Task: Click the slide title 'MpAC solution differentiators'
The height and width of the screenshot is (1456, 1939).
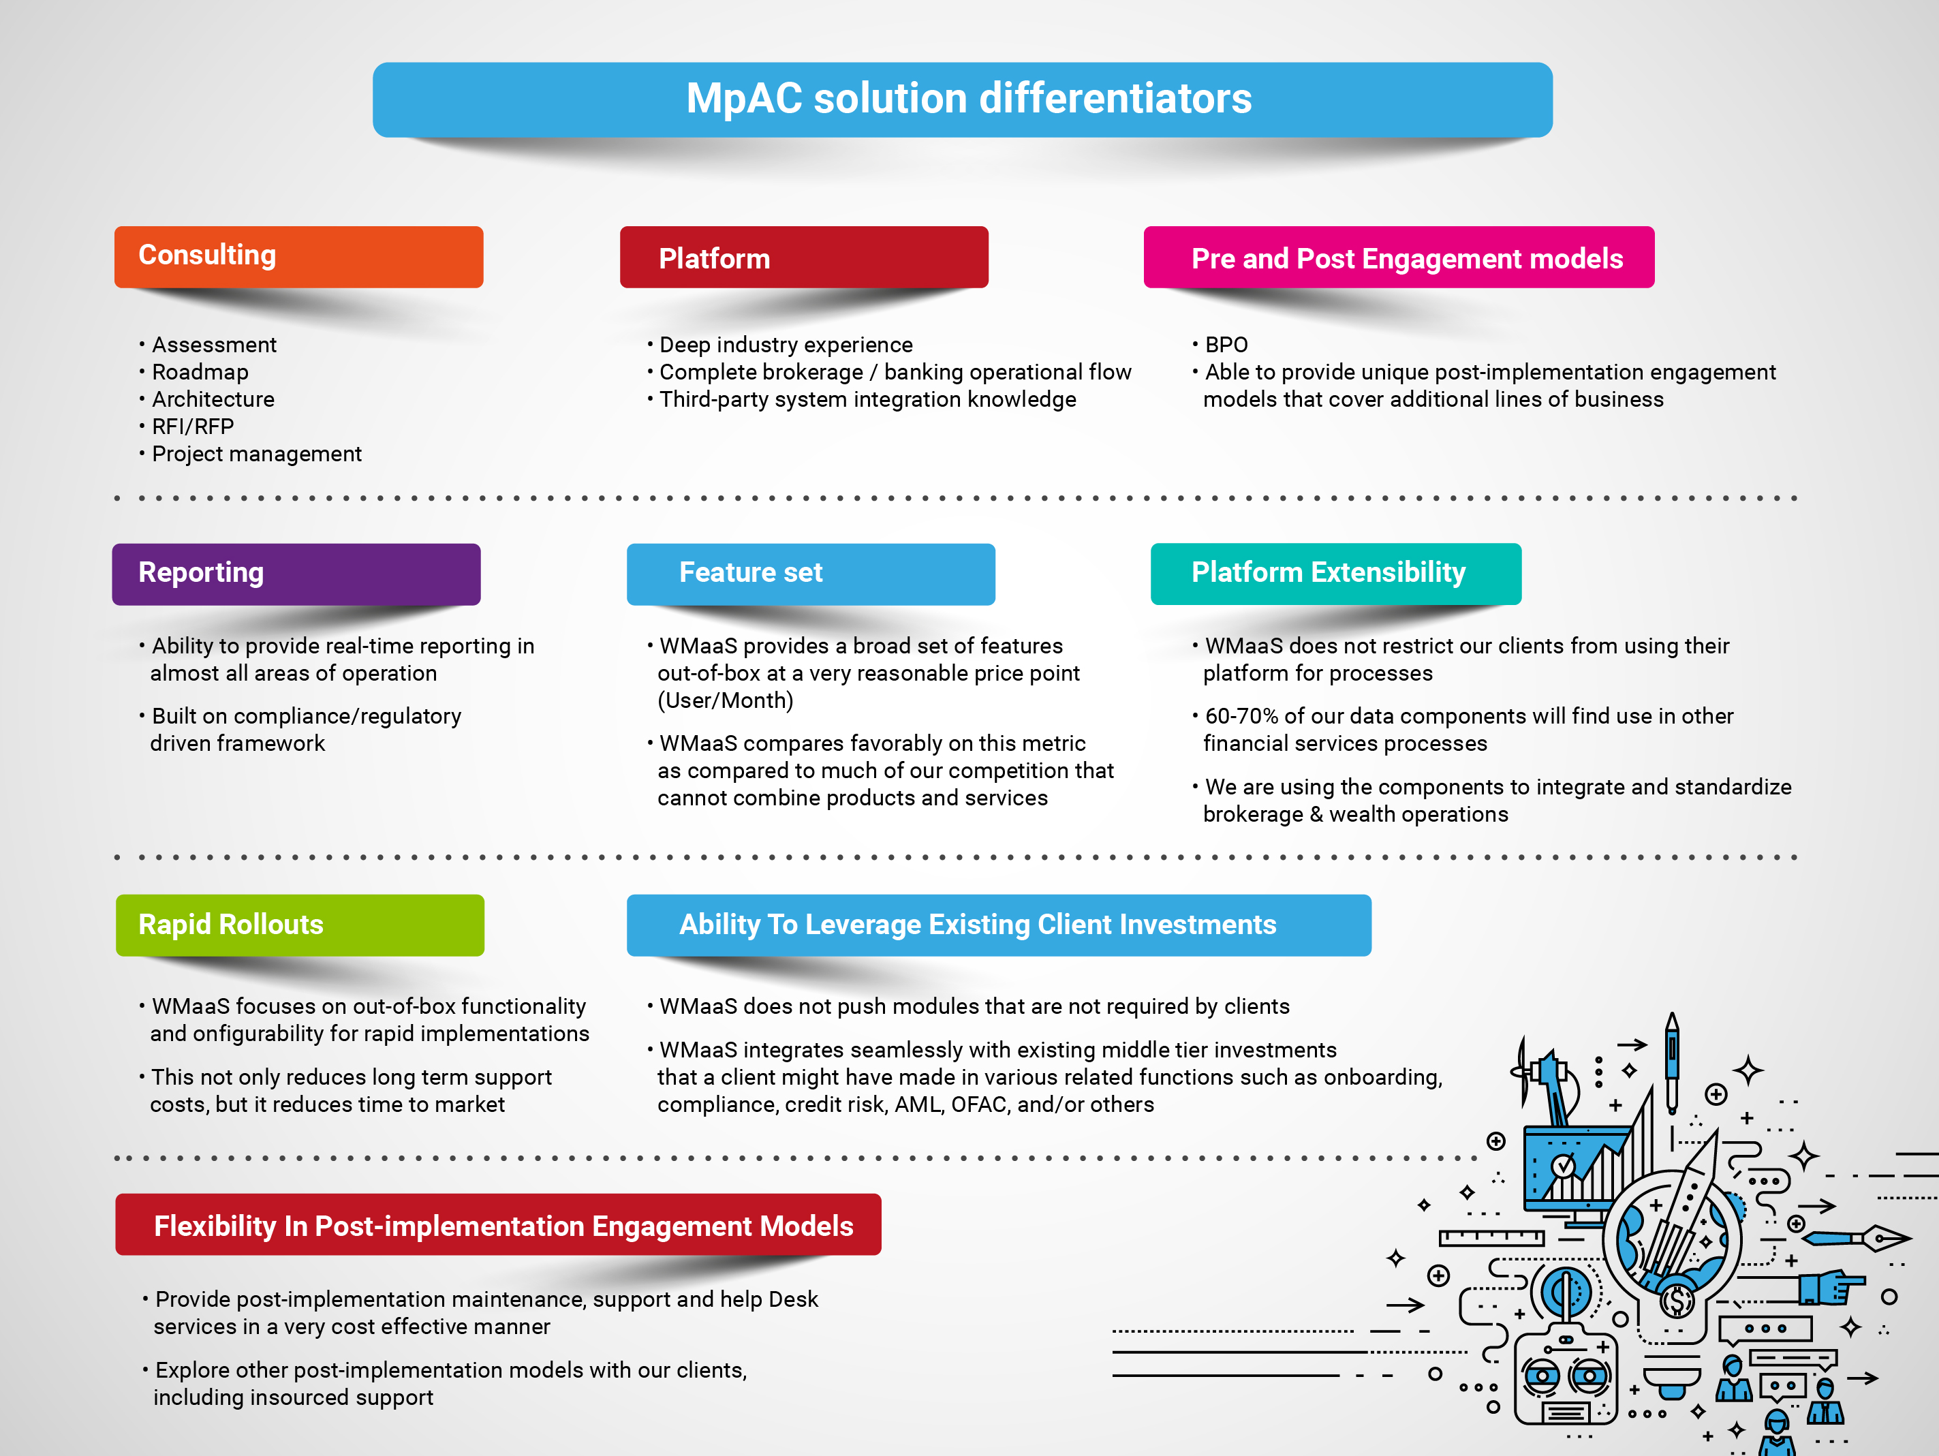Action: [969, 98]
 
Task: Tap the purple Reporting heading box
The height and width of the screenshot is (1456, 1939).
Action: [296, 574]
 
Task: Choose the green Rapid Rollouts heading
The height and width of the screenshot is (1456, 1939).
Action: [300, 925]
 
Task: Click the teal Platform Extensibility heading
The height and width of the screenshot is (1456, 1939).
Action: [1336, 574]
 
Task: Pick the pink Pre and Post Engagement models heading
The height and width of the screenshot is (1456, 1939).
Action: [1399, 257]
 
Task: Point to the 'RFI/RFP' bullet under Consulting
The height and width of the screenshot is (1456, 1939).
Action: [193, 427]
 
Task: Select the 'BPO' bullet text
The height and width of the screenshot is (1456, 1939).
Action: [1226, 345]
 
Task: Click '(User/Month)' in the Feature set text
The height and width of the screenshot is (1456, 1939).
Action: [725, 700]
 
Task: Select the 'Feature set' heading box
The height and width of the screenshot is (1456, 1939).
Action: [811, 574]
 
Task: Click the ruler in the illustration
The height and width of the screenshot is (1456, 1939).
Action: [1491, 1238]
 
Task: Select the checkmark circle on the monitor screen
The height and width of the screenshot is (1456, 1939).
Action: [1562, 1166]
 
